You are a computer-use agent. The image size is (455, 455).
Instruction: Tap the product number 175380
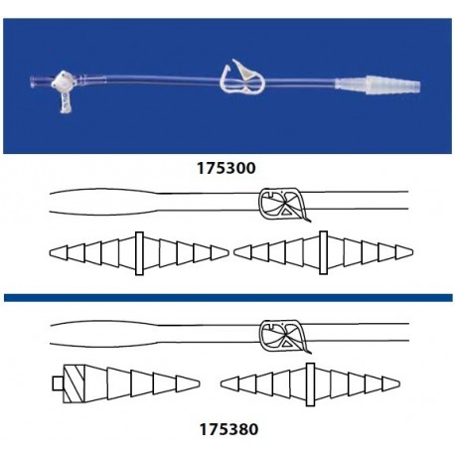[227, 431]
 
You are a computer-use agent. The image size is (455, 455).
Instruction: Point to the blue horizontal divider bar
[227, 296]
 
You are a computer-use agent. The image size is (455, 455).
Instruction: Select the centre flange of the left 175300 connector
[140, 252]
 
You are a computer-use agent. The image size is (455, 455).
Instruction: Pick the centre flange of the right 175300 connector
[326, 252]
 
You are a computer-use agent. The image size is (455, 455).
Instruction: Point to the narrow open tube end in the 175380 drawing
[402, 331]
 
